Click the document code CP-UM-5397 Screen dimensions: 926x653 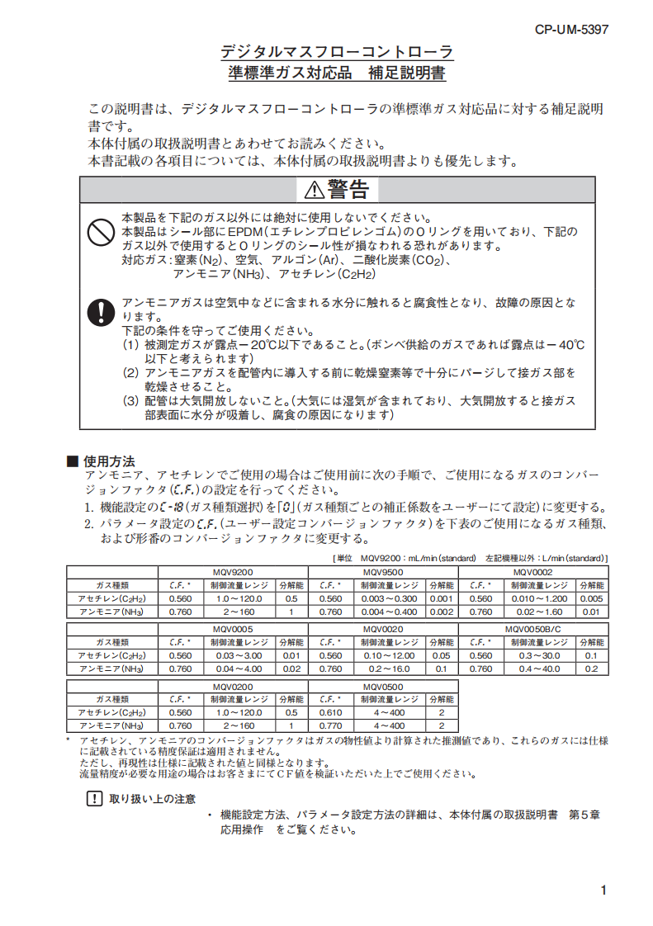[x=571, y=29]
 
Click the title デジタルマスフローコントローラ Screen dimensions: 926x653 [x=337, y=52]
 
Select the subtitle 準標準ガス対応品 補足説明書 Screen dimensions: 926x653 [x=337, y=73]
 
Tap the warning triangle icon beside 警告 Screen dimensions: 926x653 [x=315, y=191]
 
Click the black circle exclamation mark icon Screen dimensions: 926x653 [x=100, y=312]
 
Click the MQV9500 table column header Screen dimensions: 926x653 [x=383, y=572]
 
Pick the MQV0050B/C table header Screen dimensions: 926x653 [x=532, y=629]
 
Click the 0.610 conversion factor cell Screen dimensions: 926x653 [x=330, y=712]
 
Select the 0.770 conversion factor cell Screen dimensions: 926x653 [x=330, y=725]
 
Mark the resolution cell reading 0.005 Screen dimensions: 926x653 [x=591, y=598]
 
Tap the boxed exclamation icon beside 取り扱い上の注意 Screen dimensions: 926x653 [x=92, y=798]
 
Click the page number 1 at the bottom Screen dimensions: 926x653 [x=604, y=890]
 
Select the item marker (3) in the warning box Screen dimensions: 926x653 [x=131, y=401]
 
